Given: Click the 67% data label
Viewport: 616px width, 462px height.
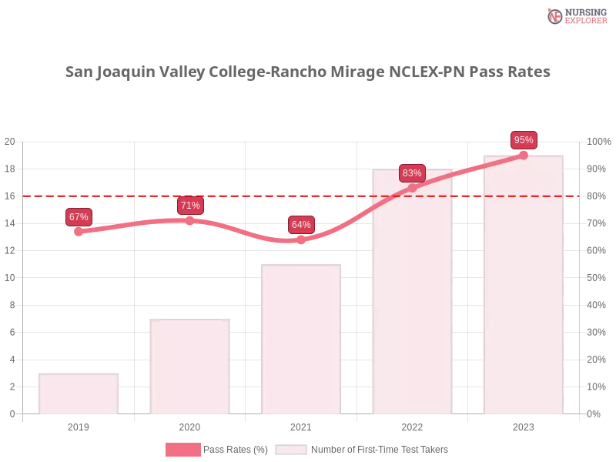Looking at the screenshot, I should click(x=79, y=217).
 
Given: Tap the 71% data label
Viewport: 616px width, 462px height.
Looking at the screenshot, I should click(x=190, y=206).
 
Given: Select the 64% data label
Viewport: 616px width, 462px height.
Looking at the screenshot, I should click(x=301, y=225).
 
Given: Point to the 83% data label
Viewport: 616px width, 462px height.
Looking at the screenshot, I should click(x=412, y=173).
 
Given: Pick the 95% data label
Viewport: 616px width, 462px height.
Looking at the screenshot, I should click(x=524, y=140).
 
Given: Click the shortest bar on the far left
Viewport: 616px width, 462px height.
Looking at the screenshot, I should click(x=79, y=393).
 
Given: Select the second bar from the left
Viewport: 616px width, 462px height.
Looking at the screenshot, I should click(x=190, y=366).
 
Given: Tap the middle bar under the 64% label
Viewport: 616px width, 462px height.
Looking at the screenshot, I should click(x=301, y=339).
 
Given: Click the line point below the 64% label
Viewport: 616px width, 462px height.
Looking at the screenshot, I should click(x=301, y=240).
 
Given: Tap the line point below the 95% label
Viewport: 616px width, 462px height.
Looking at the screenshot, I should click(x=524, y=155).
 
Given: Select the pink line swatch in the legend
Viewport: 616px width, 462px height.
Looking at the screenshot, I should click(x=182, y=450).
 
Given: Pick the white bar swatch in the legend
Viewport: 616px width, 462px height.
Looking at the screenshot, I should click(x=291, y=450).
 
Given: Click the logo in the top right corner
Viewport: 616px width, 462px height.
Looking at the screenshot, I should click(x=576, y=15).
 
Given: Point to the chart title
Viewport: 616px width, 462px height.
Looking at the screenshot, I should click(x=308, y=72).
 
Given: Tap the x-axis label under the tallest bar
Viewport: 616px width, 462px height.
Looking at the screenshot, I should click(x=524, y=425).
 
